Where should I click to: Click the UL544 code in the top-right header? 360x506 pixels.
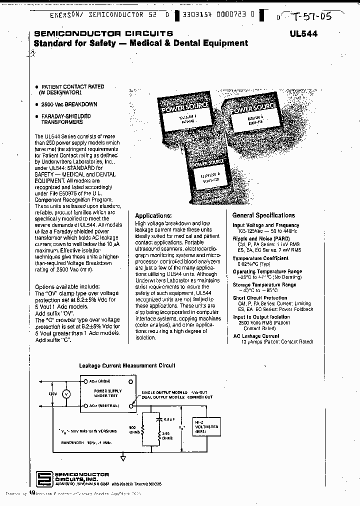(x=303, y=34)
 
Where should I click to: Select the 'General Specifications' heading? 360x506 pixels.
(x=263, y=215)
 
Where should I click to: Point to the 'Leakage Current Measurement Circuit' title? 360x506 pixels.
(x=127, y=365)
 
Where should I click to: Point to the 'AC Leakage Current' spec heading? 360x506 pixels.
(x=257, y=336)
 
